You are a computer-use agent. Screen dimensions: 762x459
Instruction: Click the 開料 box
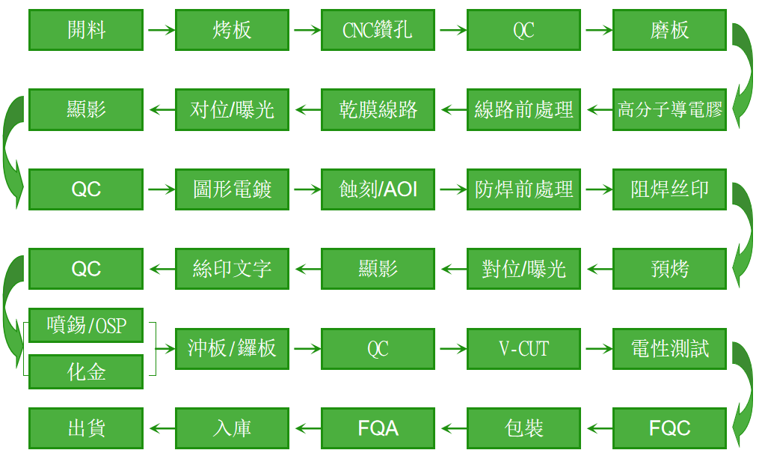[86, 30]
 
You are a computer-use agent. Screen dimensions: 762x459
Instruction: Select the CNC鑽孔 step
[378, 30]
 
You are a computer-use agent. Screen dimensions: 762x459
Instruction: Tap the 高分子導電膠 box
[669, 109]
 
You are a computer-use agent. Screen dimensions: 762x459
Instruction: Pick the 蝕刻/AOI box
[378, 189]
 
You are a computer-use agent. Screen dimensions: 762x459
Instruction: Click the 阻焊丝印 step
[669, 189]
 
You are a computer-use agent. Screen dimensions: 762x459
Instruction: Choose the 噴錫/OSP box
[86, 325]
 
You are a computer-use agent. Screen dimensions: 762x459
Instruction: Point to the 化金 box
[86, 372]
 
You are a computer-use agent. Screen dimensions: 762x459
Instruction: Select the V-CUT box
[523, 348]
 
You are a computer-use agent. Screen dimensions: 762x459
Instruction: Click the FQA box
[378, 428]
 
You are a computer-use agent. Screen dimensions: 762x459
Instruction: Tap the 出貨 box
[86, 428]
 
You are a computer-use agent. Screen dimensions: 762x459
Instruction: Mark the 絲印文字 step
[232, 269]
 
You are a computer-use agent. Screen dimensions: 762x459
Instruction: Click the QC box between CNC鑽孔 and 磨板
[523, 30]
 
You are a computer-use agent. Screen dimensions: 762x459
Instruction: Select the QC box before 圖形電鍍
[86, 189]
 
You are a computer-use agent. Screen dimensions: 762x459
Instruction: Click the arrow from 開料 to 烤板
[161, 30]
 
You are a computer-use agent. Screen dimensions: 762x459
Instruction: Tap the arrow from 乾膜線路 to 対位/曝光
[308, 109]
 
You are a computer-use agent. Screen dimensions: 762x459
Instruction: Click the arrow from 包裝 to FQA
[454, 428]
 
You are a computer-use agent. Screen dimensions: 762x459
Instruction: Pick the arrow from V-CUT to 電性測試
[599, 348]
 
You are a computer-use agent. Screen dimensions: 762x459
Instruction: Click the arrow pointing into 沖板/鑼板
[165, 348]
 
